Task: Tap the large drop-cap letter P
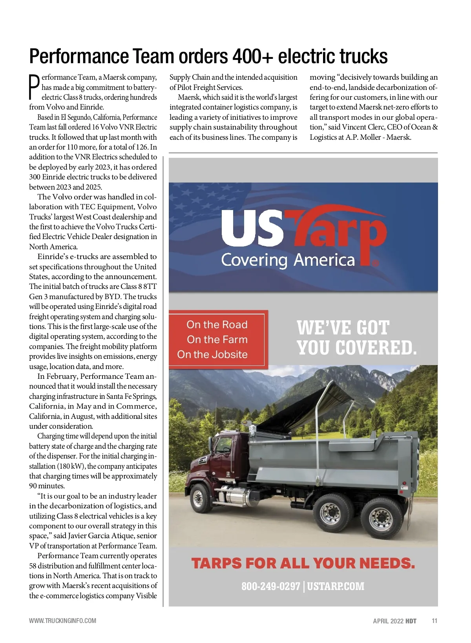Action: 35,87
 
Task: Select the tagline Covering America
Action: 288,260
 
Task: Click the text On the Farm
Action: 217,340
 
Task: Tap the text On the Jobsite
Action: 212,354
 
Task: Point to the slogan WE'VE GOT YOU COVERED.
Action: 356,338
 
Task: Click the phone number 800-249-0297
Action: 270,586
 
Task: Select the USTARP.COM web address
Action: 336,586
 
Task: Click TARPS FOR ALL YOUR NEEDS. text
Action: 303,564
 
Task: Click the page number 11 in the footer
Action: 434,621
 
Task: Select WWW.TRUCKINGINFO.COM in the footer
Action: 62,621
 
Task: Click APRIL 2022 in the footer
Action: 388,621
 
